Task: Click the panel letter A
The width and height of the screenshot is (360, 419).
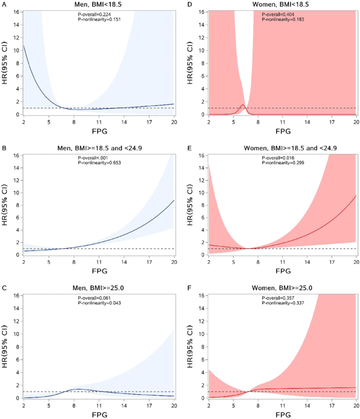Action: tap(3, 4)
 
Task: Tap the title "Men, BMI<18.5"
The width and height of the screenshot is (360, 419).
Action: tap(100, 5)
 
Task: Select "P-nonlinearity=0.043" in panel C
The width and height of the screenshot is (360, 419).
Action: tap(98, 303)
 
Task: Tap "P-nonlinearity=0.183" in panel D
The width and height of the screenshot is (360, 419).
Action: tap(284, 19)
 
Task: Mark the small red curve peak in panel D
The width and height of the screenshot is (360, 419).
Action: tap(243, 105)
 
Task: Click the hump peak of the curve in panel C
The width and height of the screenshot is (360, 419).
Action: tap(77, 389)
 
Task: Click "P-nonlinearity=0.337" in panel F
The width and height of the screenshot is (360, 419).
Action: tap(284, 303)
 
